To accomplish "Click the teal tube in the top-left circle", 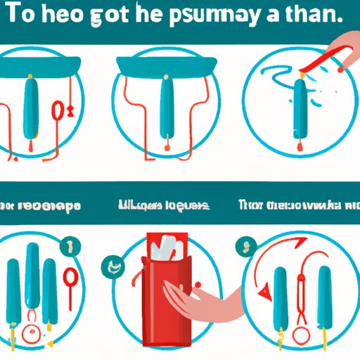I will click(x=32, y=110).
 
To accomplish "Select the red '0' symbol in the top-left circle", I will click(x=58, y=110).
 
